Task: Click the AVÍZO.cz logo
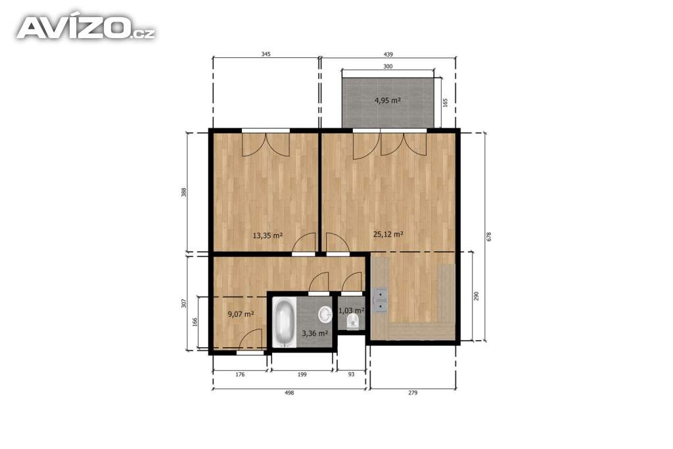pyautogui.click(x=85, y=28)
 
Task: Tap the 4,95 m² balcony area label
pyautogui.click(x=388, y=101)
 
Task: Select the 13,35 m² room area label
pyautogui.click(x=267, y=235)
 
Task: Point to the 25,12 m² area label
pyautogui.click(x=388, y=235)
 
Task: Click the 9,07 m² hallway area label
pyautogui.click(x=241, y=314)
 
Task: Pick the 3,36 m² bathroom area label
pyautogui.click(x=315, y=333)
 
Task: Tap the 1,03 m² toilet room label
pyautogui.click(x=352, y=310)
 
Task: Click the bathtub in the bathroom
pyautogui.click(x=284, y=323)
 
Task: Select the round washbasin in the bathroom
pyautogui.click(x=325, y=315)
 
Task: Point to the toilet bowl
pyautogui.click(x=353, y=320)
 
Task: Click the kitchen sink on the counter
pyautogui.click(x=380, y=300)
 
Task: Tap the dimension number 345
pyautogui.click(x=266, y=55)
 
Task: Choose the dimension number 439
pyautogui.click(x=388, y=55)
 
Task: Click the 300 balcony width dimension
pyautogui.click(x=388, y=66)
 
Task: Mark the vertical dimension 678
pyautogui.click(x=488, y=237)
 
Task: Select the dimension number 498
pyautogui.click(x=289, y=392)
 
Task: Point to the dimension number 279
pyautogui.click(x=412, y=392)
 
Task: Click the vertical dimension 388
pyautogui.click(x=184, y=192)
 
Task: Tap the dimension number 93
pyautogui.click(x=351, y=374)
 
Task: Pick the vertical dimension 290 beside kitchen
pyautogui.click(x=476, y=296)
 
